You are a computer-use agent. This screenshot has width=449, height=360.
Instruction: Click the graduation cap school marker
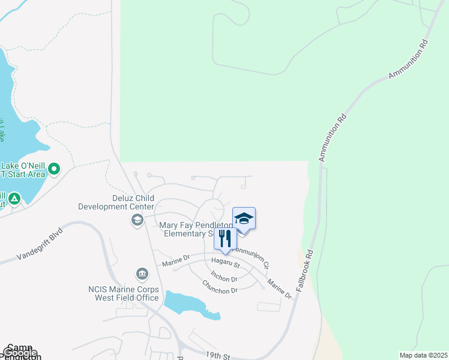click(244, 218)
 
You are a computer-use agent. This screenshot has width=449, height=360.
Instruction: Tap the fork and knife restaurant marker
click(225, 238)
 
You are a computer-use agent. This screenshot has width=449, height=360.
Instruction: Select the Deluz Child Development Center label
click(116, 202)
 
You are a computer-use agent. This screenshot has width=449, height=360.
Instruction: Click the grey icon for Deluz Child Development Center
click(137, 220)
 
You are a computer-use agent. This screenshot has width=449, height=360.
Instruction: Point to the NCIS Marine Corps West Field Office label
click(124, 293)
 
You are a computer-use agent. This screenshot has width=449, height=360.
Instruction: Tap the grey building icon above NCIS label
click(142, 275)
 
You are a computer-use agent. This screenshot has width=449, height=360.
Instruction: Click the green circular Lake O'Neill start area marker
click(54, 169)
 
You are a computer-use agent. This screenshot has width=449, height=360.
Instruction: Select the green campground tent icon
click(14, 197)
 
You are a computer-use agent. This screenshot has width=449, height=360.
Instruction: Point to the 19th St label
click(218, 356)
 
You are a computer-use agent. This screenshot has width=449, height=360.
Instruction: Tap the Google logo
click(19, 353)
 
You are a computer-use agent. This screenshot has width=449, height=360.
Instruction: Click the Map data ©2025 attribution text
click(424, 355)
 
